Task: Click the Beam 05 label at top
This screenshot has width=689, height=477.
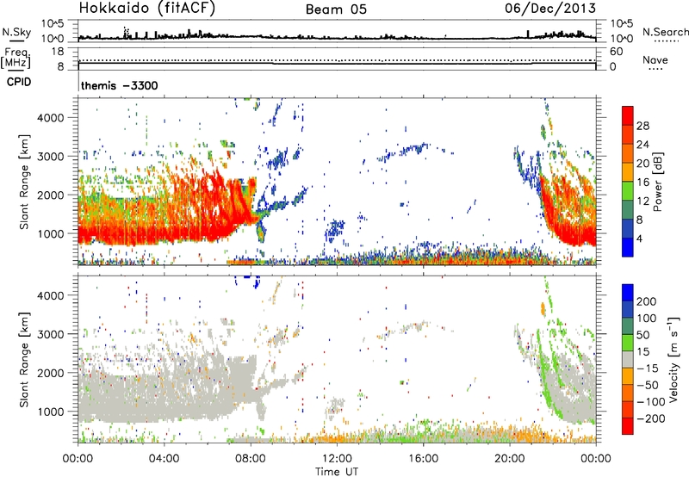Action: click(342, 9)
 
